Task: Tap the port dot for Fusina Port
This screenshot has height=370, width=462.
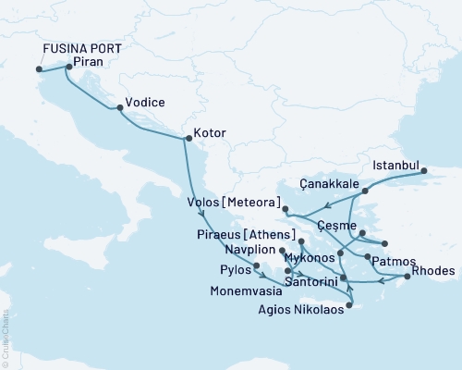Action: point(39,68)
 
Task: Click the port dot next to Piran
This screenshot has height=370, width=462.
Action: point(69,67)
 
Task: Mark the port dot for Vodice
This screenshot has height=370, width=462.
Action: point(119,108)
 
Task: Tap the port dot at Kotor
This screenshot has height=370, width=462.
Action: point(188,140)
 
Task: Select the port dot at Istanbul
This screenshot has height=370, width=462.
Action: point(424,170)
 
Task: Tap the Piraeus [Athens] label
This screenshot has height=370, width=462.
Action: point(245,234)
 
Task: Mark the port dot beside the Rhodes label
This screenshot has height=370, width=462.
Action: point(407,277)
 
